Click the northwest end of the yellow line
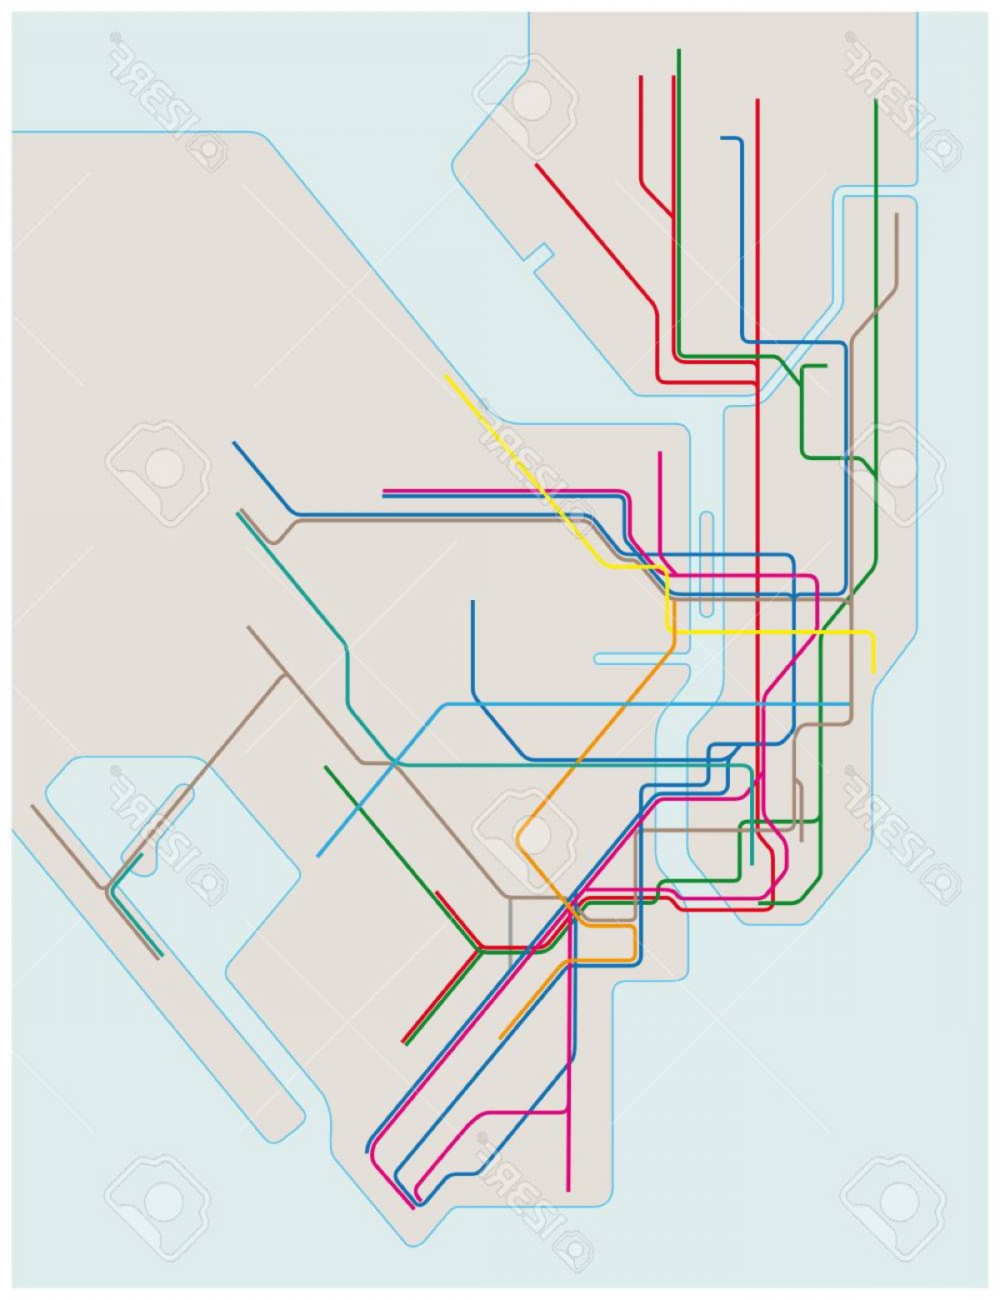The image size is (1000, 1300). tap(447, 376)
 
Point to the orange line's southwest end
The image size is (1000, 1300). tap(500, 1037)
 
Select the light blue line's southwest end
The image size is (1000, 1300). tap(318, 856)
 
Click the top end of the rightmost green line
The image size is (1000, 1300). tap(876, 101)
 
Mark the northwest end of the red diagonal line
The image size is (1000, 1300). tap(536, 164)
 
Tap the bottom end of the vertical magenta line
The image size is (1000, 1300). tap(568, 1190)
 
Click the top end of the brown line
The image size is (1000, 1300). tap(897, 214)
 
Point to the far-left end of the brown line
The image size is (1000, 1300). tap(32, 806)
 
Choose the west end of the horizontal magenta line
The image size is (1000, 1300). tap(383, 490)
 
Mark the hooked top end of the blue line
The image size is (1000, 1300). tap(722, 138)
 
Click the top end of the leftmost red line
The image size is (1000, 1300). tap(641, 76)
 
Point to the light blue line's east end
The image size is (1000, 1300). tap(848, 704)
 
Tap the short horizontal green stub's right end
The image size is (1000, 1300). tap(826, 365)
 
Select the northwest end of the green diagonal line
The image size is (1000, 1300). tap(326, 767)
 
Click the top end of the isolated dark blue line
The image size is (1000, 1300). tap(472, 601)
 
